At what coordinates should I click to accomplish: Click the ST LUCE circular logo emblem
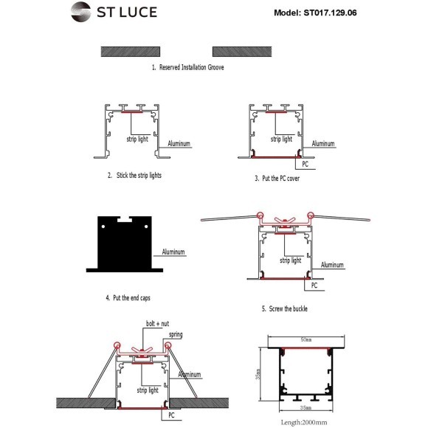(x=80, y=12)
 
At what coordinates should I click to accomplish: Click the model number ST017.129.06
(x=330, y=13)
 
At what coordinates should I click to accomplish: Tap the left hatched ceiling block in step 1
(x=131, y=52)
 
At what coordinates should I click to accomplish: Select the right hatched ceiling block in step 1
(x=242, y=52)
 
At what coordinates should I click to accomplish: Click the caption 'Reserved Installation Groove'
(x=191, y=67)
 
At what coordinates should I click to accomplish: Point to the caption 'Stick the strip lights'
(x=139, y=175)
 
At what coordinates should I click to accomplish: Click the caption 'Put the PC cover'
(x=281, y=179)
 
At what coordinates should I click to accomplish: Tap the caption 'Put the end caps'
(x=131, y=298)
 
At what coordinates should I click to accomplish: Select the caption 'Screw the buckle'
(x=289, y=308)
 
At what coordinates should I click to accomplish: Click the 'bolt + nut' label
(x=157, y=324)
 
